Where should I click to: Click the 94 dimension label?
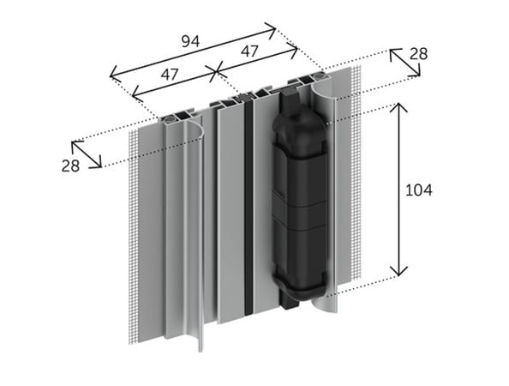pos(190,39)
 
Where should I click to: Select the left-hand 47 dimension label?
pos(169,75)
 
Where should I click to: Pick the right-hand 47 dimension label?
pos(249,51)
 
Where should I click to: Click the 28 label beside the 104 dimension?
pos(417,54)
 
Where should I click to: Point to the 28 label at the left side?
pos(71,166)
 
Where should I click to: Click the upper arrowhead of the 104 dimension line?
pos(398,108)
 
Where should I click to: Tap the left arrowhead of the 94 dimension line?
pos(113,75)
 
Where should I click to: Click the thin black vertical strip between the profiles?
pos(247,214)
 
